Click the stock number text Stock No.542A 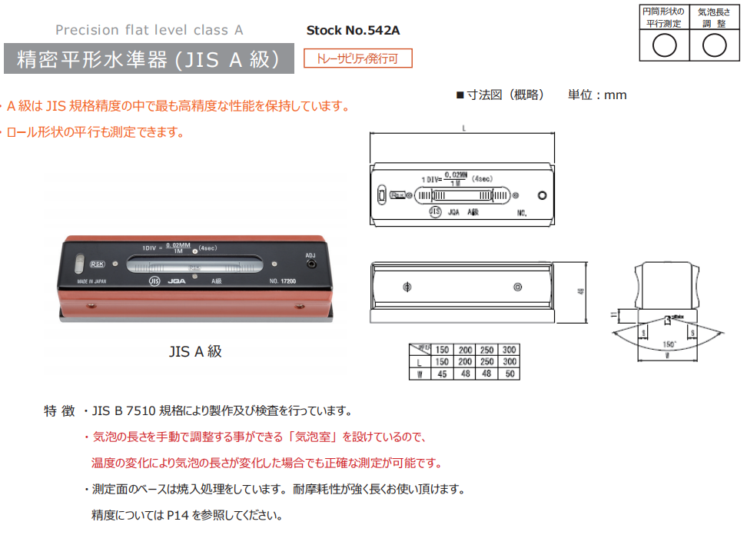pos(353,31)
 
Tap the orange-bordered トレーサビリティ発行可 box pos(358,58)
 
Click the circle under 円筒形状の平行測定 pos(664,46)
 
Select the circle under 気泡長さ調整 pos(714,46)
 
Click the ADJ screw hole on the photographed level pos(310,264)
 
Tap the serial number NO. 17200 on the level pos(284,281)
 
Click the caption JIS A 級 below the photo pos(195,351)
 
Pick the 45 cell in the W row pos(442,374)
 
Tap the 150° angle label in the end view pos(669,344)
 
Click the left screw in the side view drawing pos(407,287)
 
